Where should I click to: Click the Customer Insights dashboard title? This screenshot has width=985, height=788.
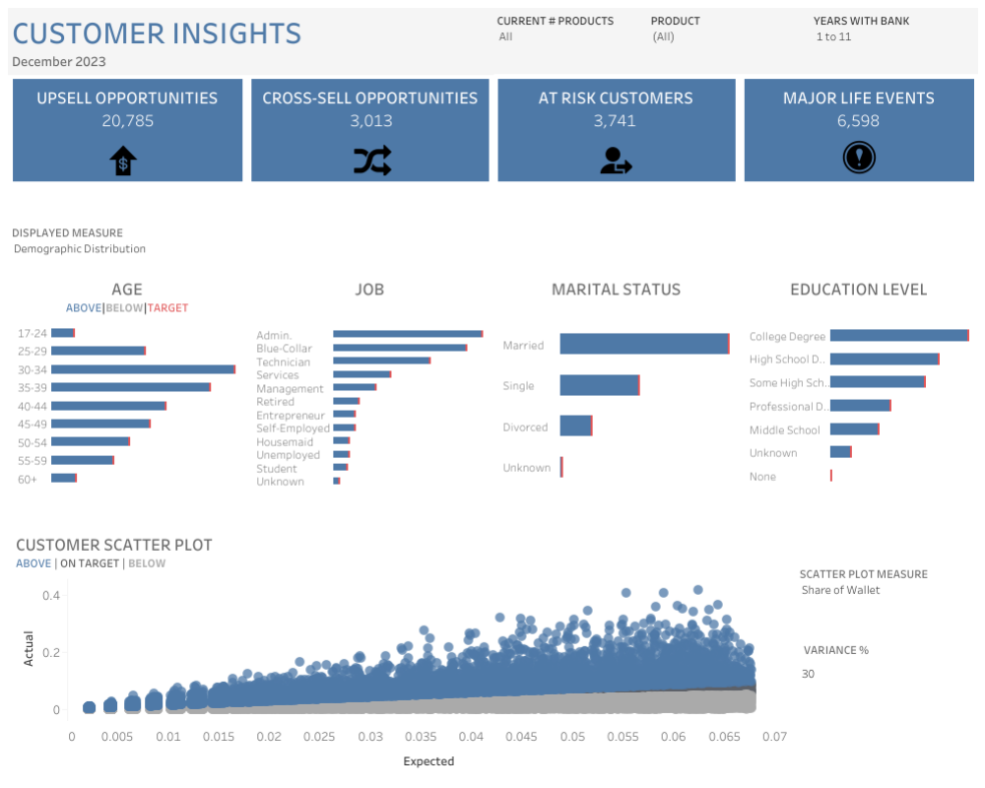(x=157, y=33)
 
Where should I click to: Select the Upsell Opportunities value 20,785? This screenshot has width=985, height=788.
(x=127, y=121)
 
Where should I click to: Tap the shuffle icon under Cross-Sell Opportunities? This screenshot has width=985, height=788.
(x=371, y=160)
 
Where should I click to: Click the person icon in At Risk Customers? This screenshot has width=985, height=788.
(x=616, y=160)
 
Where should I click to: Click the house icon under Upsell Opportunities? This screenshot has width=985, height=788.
(x=123, y=160)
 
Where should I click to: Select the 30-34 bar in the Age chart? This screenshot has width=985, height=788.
(x=143, y=369)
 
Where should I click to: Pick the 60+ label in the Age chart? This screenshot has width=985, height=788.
(x=28, y=479)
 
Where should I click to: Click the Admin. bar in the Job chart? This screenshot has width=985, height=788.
(x=407, y=334)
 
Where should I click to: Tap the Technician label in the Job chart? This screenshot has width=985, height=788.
(x=283, y=362)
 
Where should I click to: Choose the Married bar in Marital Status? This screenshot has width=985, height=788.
(x=644, y=344)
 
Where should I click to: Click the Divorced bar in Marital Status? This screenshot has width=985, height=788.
(x=575, y=426)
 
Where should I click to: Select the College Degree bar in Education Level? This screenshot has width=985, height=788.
(x=898, y=336)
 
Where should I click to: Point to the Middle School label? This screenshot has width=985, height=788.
(x=784, y=429)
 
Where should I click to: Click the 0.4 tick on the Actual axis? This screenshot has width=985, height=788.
(x=51, y=596)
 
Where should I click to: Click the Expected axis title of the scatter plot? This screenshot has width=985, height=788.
(x=428, y=761)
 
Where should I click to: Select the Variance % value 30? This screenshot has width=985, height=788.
(x=808, y=674)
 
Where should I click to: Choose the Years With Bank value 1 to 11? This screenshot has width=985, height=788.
(x=833, y=36)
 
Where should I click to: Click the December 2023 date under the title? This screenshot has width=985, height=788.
(x=59, y=61)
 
